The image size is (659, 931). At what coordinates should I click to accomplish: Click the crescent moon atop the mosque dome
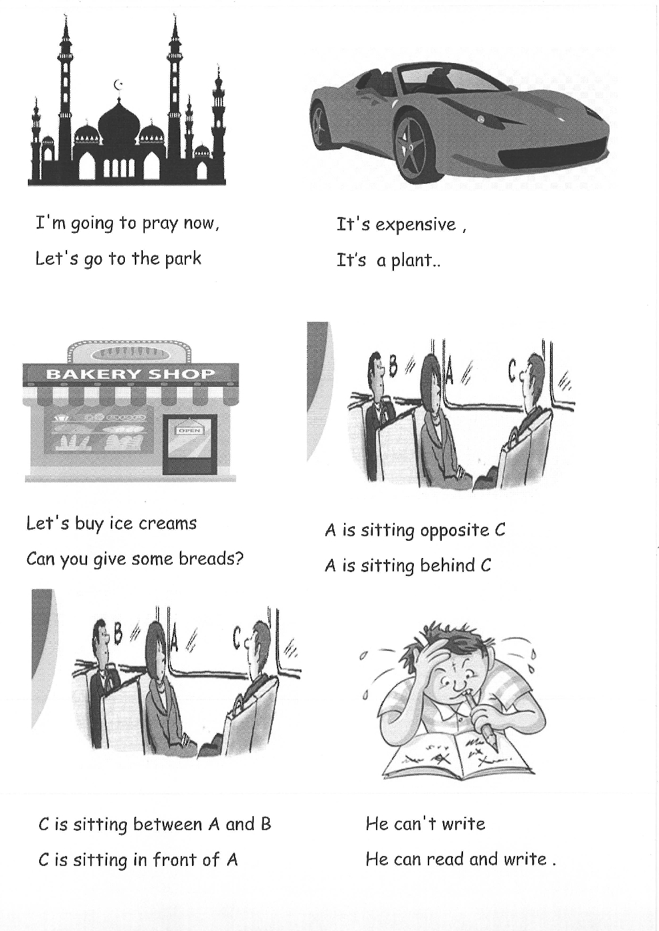pyautogui.click(x=118, y=85)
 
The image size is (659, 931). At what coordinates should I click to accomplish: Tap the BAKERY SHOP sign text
pyautogui.click(x=131, y=374)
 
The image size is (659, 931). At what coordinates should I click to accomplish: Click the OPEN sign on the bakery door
pyautogui.click(x=189, y=431)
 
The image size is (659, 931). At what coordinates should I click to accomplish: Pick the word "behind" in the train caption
pyautogui.click(x=447, y=565)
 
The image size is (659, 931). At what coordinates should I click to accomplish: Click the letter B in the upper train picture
pyautogui.click(x=393, y=366)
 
